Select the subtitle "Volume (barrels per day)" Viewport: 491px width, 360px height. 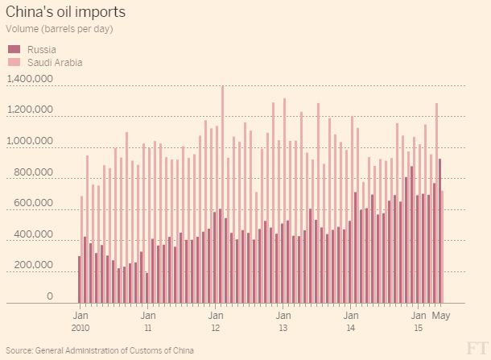60,29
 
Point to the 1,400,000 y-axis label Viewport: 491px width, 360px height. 29,79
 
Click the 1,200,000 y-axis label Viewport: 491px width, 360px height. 29,110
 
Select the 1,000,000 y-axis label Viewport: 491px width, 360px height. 29,142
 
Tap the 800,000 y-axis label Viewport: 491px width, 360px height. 33,173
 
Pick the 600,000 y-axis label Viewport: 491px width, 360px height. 33,204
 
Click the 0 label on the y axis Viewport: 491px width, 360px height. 49,297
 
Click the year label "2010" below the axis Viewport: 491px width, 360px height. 80,329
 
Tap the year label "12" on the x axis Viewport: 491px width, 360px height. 216,329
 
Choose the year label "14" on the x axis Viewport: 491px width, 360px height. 351,329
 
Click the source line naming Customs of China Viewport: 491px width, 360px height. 100,351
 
